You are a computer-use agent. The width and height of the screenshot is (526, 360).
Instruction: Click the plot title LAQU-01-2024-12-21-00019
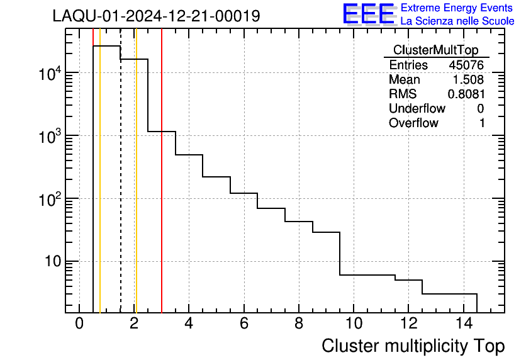pyautogui.click(x=156, y=16)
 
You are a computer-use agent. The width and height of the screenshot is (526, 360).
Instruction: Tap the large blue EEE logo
pyautogui.click(x=368, y=14)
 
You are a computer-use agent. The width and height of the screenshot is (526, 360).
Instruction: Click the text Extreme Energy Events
pyautogui.click(x=457, y=8)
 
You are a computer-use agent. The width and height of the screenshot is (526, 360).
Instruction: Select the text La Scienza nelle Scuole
pyautogui.click(x=457, y=21)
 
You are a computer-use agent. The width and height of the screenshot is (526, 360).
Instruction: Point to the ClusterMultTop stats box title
pyautogui.click(x=435, y=50)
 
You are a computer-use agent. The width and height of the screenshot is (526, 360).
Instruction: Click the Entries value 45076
pyautogui.click(x=466, y=65)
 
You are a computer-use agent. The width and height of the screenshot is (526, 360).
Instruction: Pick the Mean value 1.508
pyautogui.click(x=469, y=80)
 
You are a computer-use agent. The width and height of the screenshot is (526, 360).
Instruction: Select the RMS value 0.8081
pyautogui.click(x=466, y=94)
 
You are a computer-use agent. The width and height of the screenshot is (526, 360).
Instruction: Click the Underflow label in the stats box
pyautogui.click(x=417, y=108)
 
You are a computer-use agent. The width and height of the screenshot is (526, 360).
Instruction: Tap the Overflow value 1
pyautogui.click(x=482, y=123)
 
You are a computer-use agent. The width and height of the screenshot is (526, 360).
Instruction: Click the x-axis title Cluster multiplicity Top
pyautogui.click(x=413, y=346)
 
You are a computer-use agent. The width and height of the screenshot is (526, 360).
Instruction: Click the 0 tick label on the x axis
pyautogui.click(x=79, y=324)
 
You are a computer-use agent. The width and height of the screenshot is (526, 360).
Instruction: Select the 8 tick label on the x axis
pyautogui.click(x=298, y=324)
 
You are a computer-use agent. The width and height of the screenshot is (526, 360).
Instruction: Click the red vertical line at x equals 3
pyautogui.click(x=162, y=189)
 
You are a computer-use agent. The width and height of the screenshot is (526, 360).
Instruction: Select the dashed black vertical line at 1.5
pyautogui.click(x=120, y=189)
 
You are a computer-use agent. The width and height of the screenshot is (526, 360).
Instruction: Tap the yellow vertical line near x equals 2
pyautogui.click(x=136, y=189)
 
